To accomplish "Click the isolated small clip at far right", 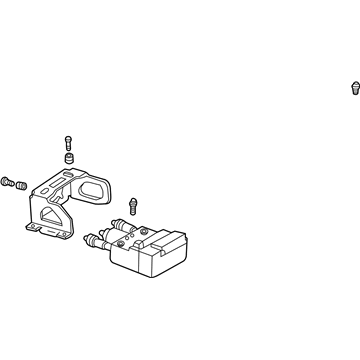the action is [x=354, y=89].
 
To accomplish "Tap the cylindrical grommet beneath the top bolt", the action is [x=69, y=159].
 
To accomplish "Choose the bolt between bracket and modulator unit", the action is [x=133, y=206].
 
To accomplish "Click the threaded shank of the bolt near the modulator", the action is [x=132, y=212].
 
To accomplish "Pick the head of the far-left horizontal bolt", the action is [x=6, y=178].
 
